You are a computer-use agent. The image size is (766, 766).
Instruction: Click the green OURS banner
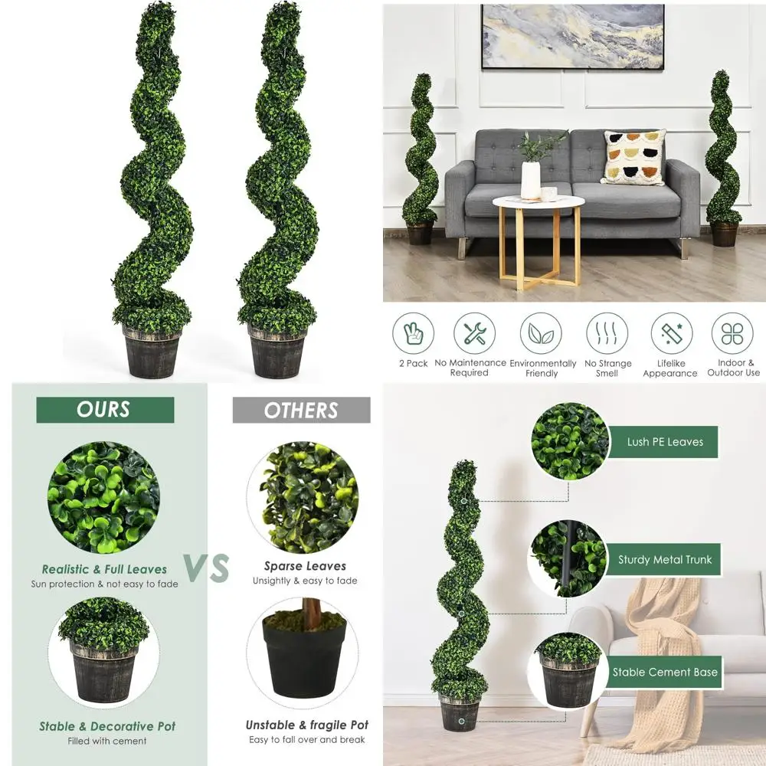pyautogui.click(x=105, y=410)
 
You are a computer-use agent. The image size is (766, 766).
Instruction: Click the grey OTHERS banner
pyautogui.click(x=301, y=411)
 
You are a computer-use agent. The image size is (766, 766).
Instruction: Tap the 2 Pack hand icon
pyautogui.click(x=414, y=334)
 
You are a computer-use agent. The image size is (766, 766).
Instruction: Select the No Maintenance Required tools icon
pyautogui.click(x=474, y=334)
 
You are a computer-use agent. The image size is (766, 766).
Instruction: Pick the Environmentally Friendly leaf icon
pyautogui.click(x=541, y=334)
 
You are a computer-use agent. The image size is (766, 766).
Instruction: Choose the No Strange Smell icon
pyautogui.click(x=607, y=334)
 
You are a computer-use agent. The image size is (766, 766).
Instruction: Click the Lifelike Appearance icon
pyautogui.click(x=671, y=334)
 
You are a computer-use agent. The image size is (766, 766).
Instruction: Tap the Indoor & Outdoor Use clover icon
pyautogui.click(x=732, y=334)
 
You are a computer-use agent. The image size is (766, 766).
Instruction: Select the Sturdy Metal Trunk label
pyautogui.click(x=664, y=560)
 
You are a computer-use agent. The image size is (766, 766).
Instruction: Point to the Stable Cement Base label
pyautogui.click(x=665, y=673)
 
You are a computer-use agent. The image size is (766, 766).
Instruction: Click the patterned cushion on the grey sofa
pyautogui.click(x=633, y=157)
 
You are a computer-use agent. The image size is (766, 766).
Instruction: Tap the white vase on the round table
pyautogui.click(x=531, y=179)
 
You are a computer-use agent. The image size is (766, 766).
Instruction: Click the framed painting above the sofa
pyautogui.click(x=572, y=36)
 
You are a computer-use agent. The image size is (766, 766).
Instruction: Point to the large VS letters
pyautogui.click(x=207, y=568)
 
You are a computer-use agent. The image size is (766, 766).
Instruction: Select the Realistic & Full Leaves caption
pyautogui.click(x=104, y=569)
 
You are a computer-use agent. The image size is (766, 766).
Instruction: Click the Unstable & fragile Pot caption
pyautogui.click(x=306, y=725)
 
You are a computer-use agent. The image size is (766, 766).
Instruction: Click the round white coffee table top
pyautogui.click(x=538, y=202)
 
